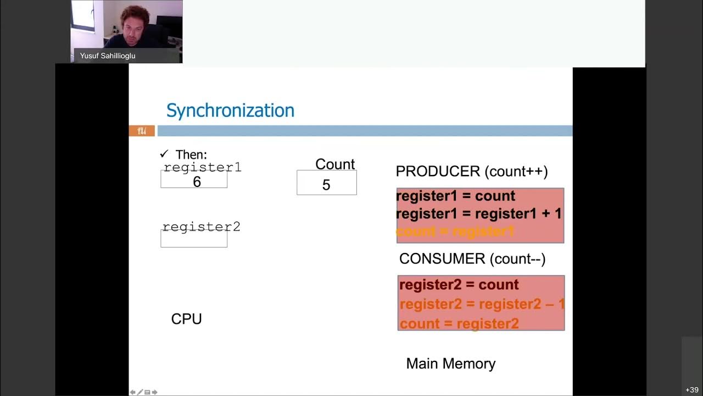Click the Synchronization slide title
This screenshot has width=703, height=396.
230,111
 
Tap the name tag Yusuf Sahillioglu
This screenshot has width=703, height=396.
108,56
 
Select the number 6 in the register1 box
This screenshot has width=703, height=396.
197,182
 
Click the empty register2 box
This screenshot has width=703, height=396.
194,239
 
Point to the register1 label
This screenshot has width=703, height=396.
203,167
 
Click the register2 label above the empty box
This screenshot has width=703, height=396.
202,227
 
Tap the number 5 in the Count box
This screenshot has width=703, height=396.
326,185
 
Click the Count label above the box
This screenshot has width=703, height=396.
335,164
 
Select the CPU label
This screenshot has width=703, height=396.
187,319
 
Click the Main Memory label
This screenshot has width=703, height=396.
451,364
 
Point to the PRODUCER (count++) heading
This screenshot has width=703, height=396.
472,171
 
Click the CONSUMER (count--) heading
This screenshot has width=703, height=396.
472,258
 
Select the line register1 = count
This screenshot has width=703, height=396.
455,196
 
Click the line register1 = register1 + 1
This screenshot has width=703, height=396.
479,213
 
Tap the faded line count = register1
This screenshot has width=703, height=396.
455,232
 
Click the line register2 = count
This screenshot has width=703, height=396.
459,284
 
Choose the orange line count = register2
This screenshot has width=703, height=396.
459,323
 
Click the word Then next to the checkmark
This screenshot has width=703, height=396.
191,155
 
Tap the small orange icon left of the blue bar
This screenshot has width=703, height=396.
142,131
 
